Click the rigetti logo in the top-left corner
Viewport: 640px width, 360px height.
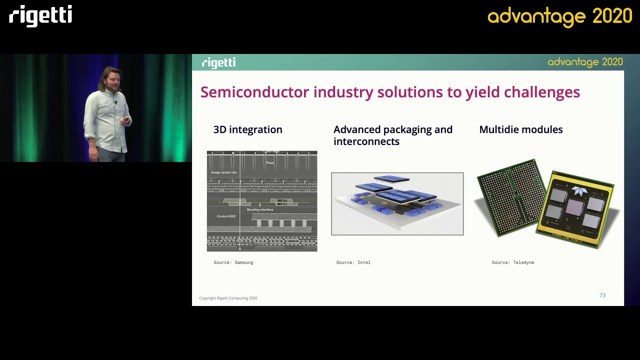[x=40, y=15]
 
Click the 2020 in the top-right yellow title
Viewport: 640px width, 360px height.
[x=612, y=16]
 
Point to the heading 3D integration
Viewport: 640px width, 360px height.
[x=247, y=129]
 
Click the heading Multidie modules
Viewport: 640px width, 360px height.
[x=520, y=129]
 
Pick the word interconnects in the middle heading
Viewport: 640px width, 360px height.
[x=366, y=141]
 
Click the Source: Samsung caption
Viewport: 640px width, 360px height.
[x=233, y=262]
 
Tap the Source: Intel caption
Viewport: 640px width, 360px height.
[x=353, y=262]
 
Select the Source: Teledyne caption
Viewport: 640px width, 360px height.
[x=512, y=262]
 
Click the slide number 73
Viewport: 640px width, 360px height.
[x=602, y=295]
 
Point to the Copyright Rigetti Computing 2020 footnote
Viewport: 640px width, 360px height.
[x=228, y=298]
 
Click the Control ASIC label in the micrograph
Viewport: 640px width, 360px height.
[x=226, y=216]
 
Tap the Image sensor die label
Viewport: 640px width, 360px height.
[x=223, y=172]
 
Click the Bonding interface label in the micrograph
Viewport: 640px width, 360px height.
[x=260, y=209]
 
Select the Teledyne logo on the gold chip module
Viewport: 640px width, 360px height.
[x=580, y=190]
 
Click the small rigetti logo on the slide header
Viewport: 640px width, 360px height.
[x=218, y=62]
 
